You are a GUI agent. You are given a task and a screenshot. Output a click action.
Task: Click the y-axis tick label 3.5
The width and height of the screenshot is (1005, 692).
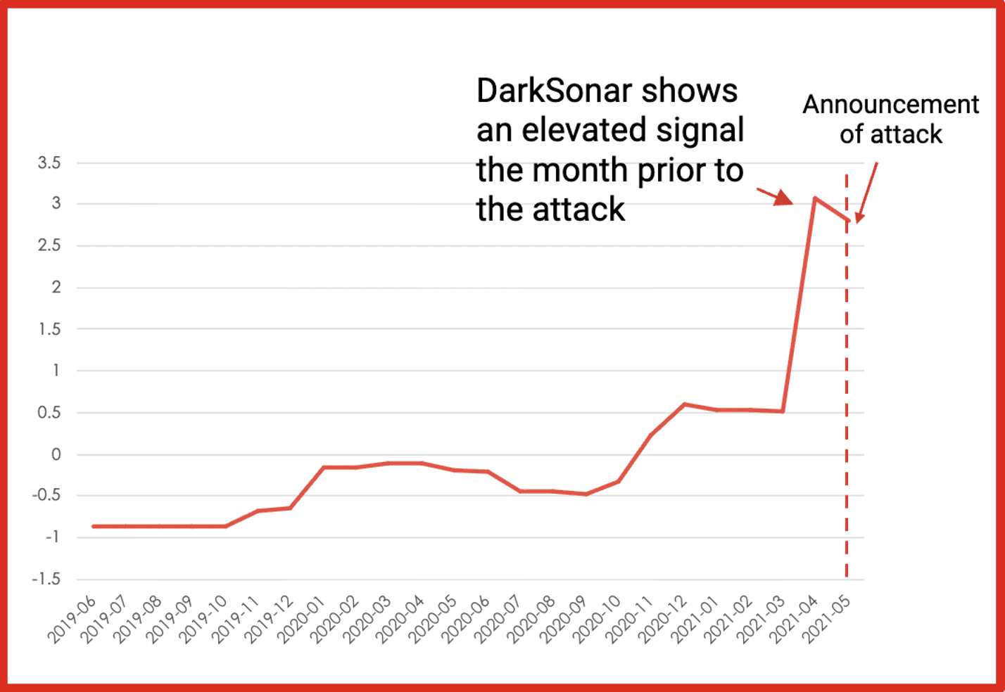pos(49,163)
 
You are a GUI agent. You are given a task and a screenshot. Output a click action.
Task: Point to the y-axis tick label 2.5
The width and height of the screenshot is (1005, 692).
pos(49,245)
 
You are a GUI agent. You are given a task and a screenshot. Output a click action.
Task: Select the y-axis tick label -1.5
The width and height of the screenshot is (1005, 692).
pos(46,579)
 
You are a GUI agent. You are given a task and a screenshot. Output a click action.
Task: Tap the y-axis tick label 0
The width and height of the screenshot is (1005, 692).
pos(56,454)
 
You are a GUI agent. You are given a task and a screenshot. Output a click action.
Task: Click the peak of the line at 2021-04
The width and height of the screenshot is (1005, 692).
pos(814,198)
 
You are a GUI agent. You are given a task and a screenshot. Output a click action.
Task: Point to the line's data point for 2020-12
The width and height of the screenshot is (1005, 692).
pos(683,404)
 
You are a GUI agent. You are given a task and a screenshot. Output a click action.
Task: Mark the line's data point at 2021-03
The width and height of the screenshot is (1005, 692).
pos(782,411)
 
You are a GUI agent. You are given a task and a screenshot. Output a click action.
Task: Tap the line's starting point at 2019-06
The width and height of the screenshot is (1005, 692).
pos(94,526)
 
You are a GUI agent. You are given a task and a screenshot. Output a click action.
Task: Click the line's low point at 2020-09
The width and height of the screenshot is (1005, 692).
pos(586,494)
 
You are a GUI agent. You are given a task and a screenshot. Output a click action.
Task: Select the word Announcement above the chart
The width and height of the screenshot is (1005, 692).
pos(890,105)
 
